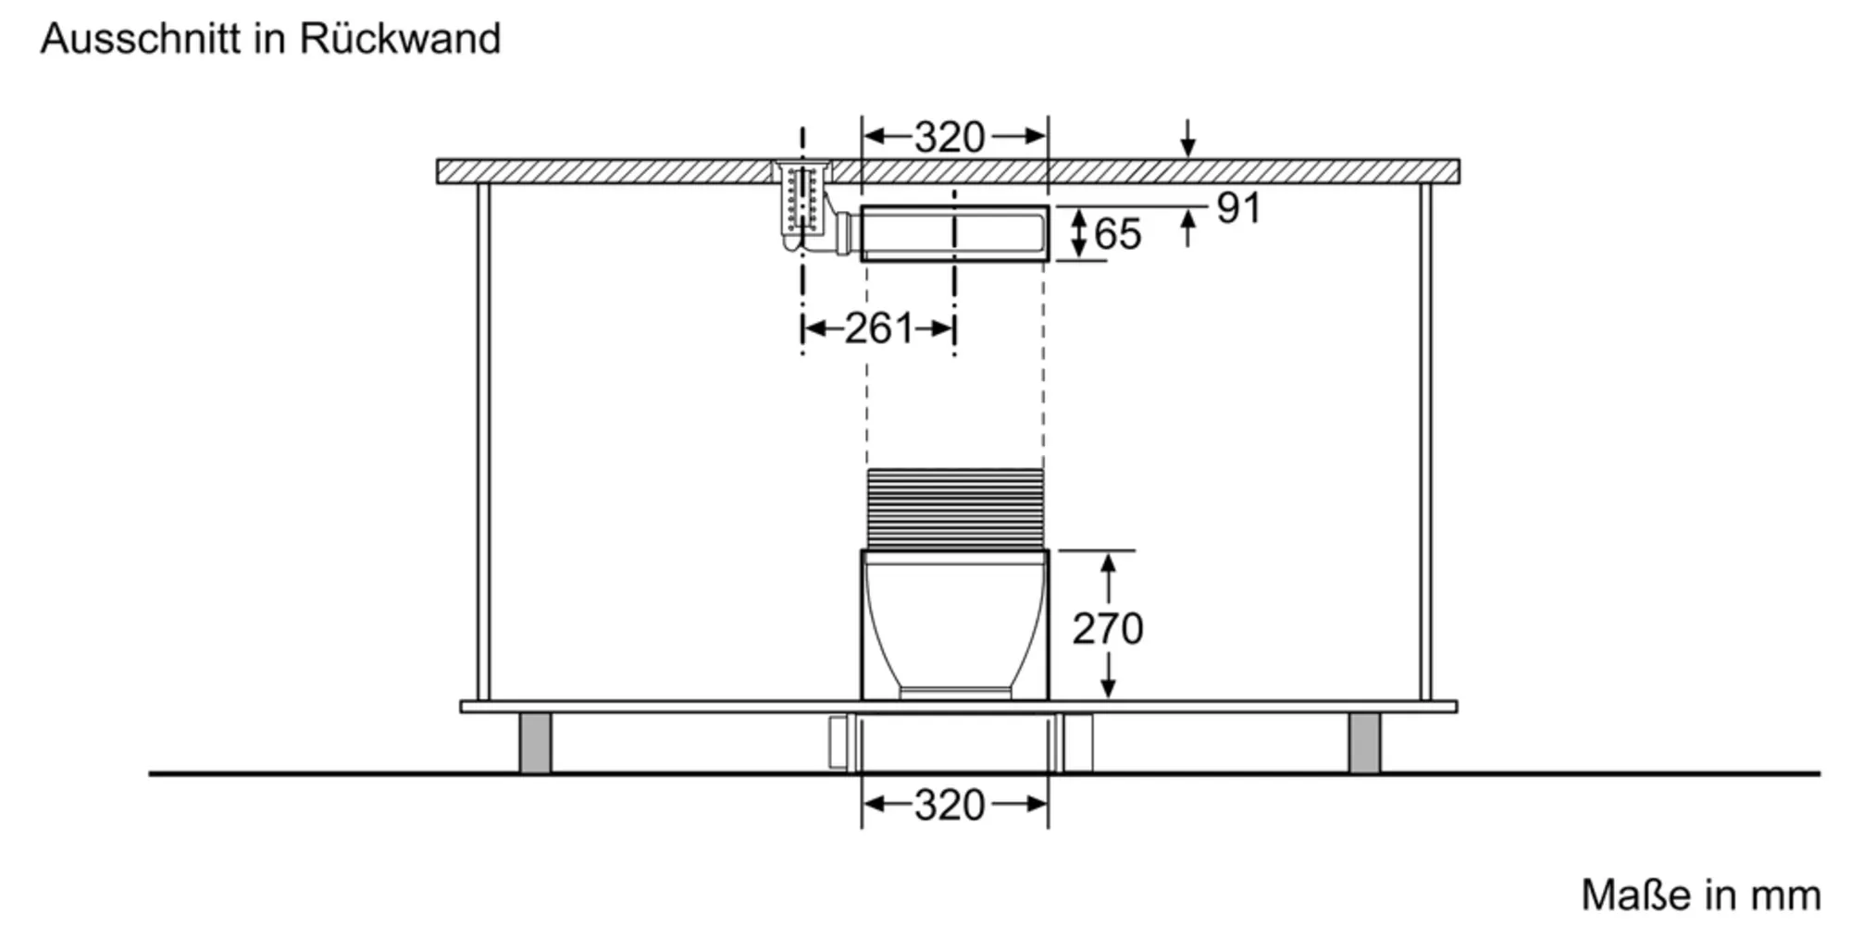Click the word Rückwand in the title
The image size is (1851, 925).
pyautogui.click(x=400, y=39)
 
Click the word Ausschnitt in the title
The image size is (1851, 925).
pyautogui.click(x=141, y=39)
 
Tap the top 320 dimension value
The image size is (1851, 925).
pyautogui.click(x=950, y=137)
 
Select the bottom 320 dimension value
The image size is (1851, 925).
pyautogui.click(x=950, y=805)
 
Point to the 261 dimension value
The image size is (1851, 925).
pyautogui.click(x=878, y=328)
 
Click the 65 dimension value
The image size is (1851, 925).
pyautogui.click(x=1118, y=234)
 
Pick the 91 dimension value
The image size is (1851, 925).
pyautogui.click(x=1238, y=208)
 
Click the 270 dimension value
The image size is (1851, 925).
pyautogui.click(x=1108, y=629)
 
